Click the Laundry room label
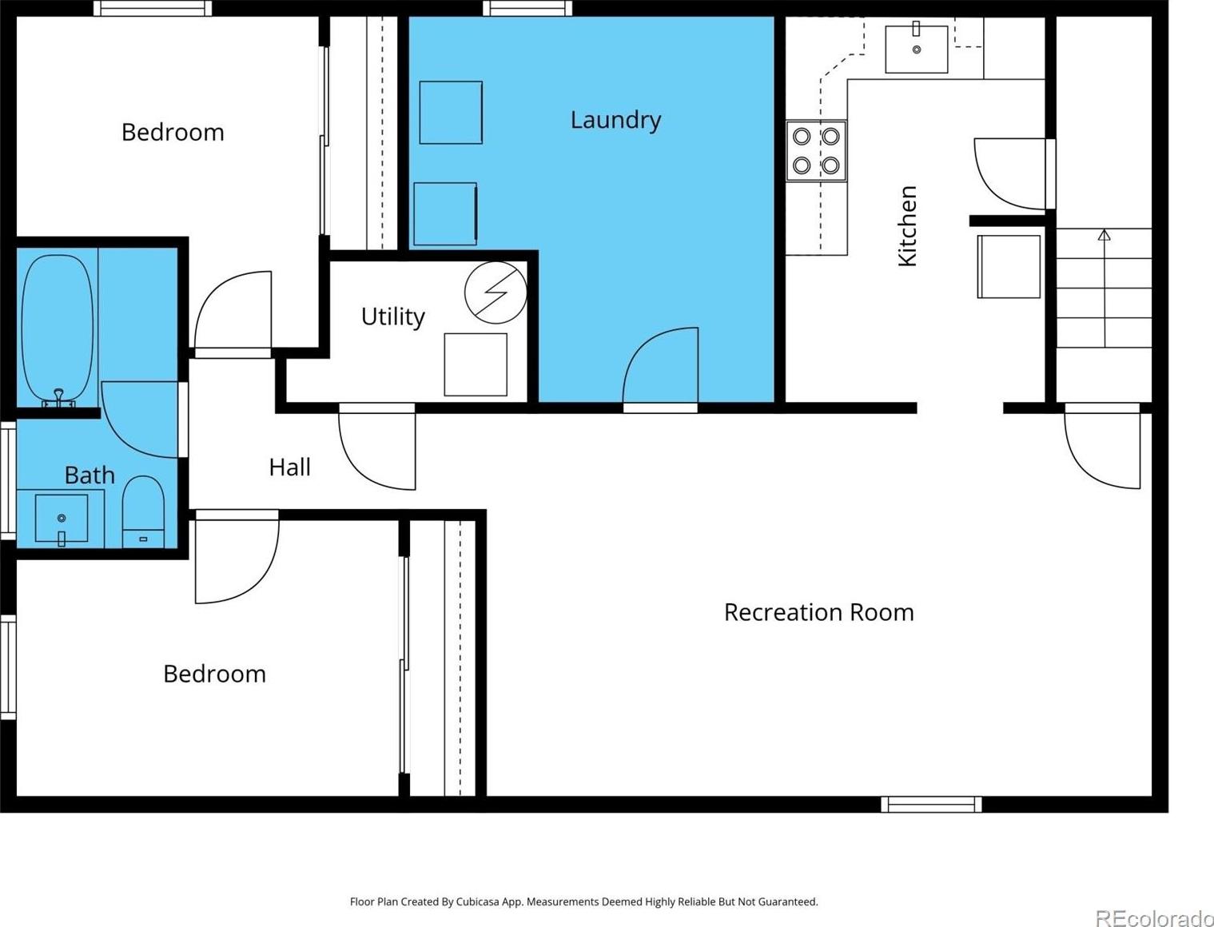coord(615,121)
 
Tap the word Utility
coord(392,316)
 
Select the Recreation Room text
coord(818,612)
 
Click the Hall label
coord(289,467)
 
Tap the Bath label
coord(90,475)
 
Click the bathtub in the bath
coord(57,329)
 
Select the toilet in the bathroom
coord(143,511)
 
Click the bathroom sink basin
coord(62,519)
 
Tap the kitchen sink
coord(917,50)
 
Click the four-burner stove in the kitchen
coord(816,150)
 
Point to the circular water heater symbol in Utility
coord(496,292)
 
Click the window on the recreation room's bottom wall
coord(931,804)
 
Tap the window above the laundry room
coord(527,8)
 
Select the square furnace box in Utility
coord(476,364)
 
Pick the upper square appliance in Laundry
coord(451,113)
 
